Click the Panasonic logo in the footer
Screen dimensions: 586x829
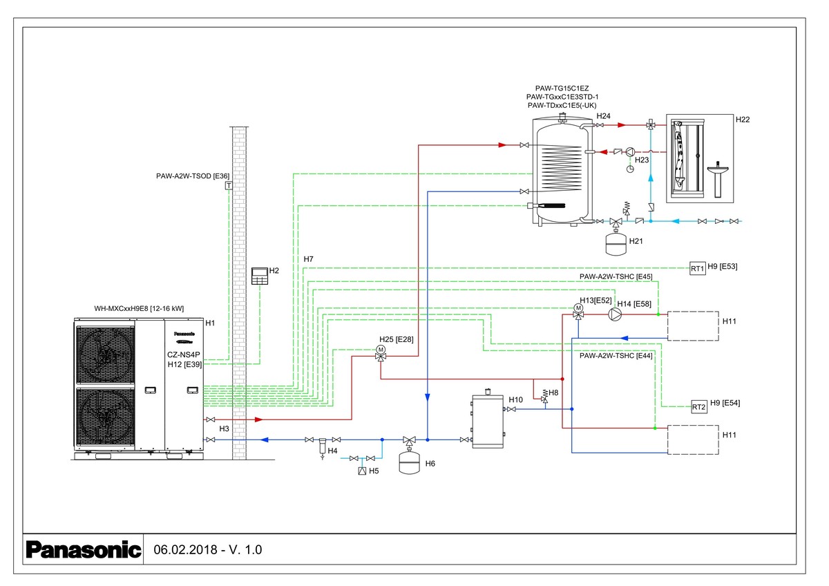coord(82,550)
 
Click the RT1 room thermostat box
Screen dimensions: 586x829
coord(698,269)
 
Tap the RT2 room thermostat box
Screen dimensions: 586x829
coord(699,407)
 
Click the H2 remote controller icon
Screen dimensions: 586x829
coord(259,276)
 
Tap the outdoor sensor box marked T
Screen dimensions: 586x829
coord(228,185)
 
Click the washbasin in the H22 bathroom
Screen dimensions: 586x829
coord(719,173)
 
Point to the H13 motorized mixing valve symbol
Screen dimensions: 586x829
coord(578,312)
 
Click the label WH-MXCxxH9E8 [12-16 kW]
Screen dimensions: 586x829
coord(139,308)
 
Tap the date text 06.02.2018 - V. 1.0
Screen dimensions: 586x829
coord(208,550)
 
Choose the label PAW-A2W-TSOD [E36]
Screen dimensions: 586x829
coord(193,176)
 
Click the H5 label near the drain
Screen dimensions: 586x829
coord(374,471)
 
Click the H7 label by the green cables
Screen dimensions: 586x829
coord(308,259)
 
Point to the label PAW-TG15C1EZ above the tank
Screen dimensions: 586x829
coord(562,89)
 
